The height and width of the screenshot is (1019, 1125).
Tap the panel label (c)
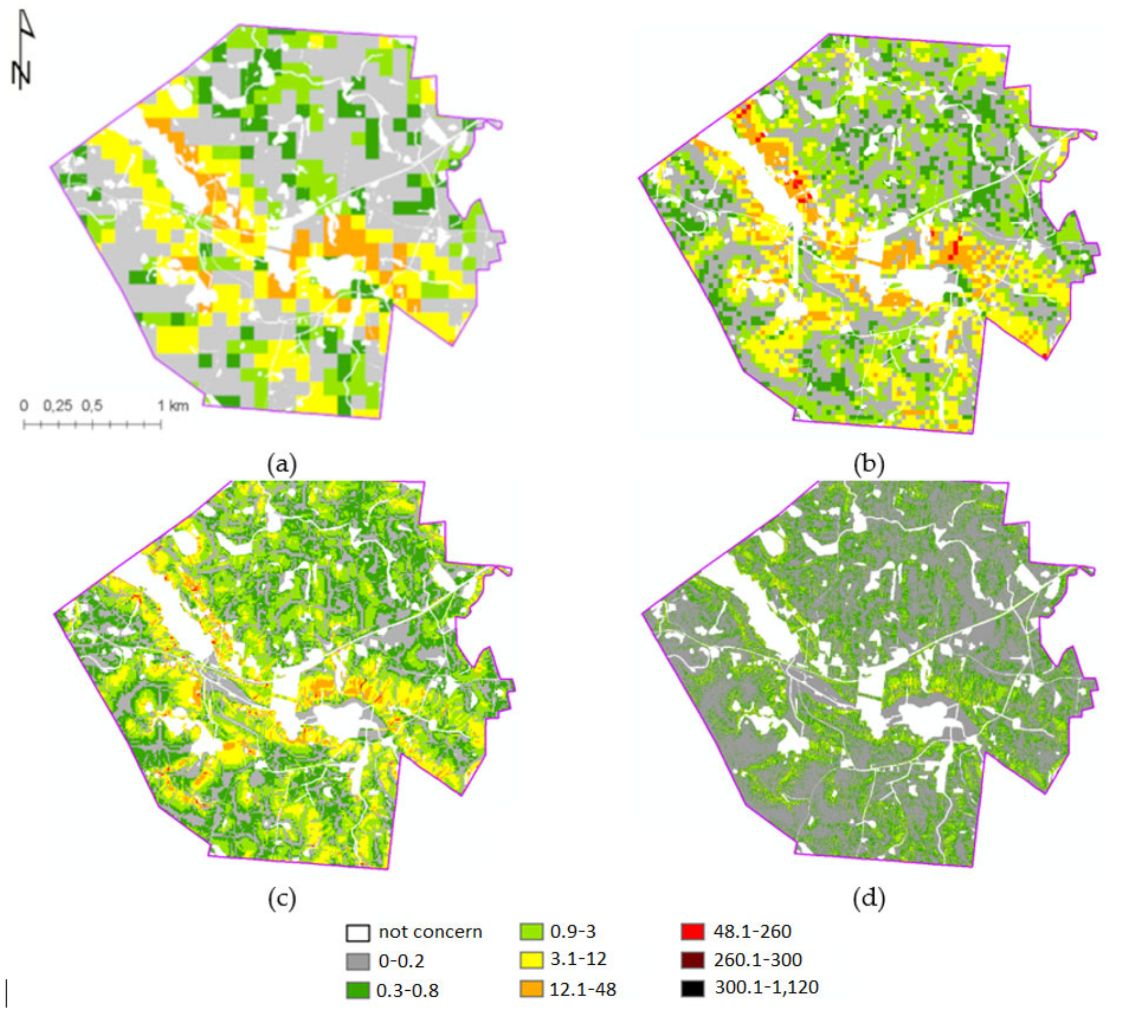pos(282,898)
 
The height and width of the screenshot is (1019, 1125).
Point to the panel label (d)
pos(869,898)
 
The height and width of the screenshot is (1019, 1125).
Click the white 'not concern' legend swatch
pos(358,933)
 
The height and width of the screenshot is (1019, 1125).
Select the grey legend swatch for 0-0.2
pos(358,961)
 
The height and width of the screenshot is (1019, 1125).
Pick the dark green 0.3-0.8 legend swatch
pos(358,990)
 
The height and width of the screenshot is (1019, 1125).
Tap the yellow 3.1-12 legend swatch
pos(531,959)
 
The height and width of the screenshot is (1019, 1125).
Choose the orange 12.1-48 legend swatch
pos(531,989)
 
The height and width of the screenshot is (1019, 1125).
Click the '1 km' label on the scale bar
pos(173,405)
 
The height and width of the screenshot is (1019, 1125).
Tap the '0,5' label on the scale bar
pos(92,405)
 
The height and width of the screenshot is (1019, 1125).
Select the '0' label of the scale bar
pos(24,405)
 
